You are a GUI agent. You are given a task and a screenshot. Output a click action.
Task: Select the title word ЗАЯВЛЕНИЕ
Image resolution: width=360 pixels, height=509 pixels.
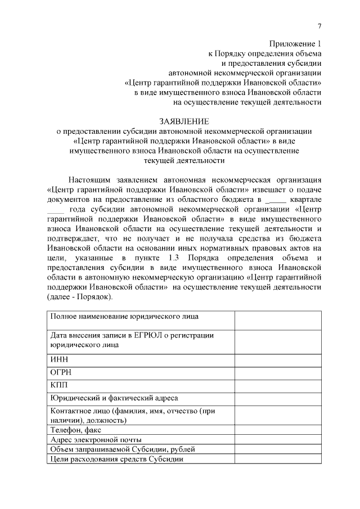click(184, 121)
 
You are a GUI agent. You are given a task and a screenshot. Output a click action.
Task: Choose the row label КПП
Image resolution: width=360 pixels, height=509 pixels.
click(59, 386)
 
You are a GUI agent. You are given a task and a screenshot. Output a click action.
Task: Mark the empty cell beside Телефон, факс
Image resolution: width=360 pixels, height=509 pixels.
click(278, 430)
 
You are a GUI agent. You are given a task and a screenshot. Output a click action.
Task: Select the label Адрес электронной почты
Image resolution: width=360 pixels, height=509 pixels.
click(96, 439)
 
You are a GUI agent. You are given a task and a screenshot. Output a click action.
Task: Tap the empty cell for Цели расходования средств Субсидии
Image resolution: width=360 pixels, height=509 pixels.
click(278, 458)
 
